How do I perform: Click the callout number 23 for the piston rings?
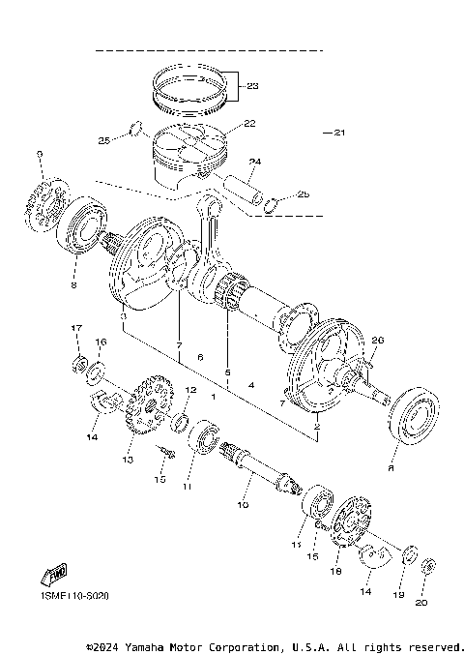[x=253, y=87]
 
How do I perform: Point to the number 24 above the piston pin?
[x=254, y=162]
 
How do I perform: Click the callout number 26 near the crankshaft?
[x=378, y=340]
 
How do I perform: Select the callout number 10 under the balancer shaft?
[x=243, y=505]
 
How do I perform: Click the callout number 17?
[x=76, y=329]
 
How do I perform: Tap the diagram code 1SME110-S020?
[x=75, y=597]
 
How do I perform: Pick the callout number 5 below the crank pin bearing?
[x=228, y=372]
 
